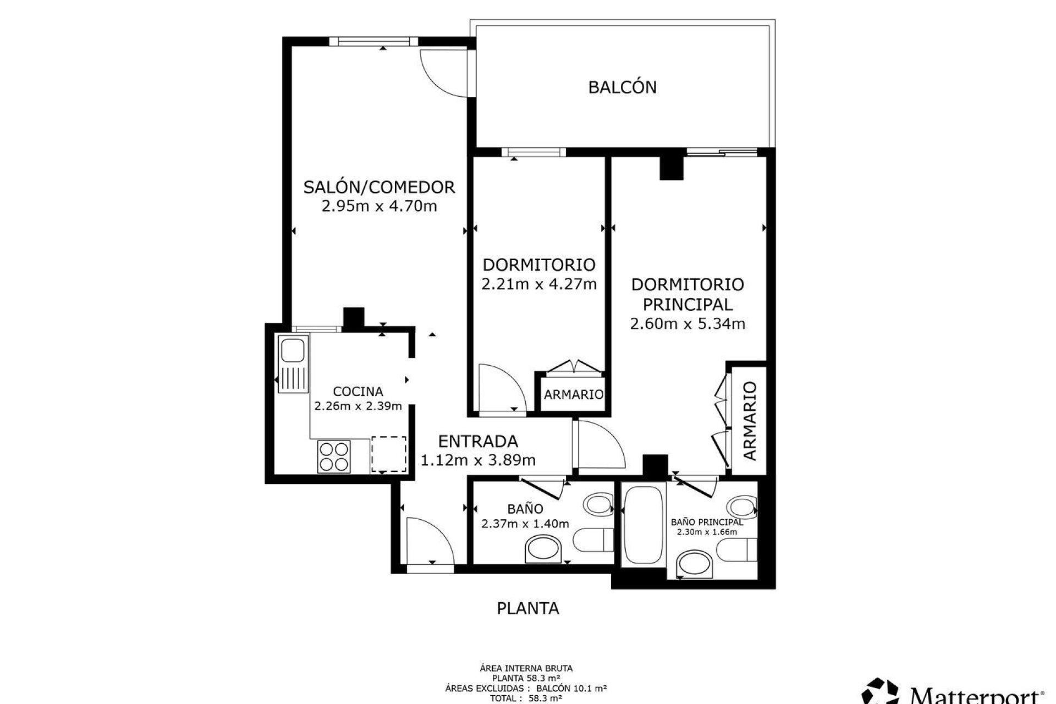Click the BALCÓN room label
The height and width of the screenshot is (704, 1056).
pos(622,87)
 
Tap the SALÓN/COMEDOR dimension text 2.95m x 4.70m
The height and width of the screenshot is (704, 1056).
pos(379,207)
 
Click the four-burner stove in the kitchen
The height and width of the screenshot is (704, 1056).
pos(334,456)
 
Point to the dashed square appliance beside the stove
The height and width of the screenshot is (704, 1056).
pos(388,454)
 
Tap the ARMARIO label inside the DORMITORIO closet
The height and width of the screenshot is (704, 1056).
pos(573,394)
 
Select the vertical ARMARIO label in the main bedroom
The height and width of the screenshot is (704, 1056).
pos(750,421)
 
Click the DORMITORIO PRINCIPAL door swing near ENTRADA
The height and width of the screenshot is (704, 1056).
pos(598,444)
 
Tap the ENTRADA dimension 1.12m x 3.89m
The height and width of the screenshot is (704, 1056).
pos(478,460)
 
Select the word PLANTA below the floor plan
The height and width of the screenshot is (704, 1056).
pos(527,608)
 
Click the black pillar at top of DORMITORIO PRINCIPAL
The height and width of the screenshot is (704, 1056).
pos(671,168)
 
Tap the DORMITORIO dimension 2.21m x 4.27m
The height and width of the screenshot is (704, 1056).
pos(538,284)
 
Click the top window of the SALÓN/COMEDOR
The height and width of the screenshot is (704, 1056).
pos(374,41)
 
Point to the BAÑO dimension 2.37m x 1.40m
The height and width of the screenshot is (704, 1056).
pos(525,524)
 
